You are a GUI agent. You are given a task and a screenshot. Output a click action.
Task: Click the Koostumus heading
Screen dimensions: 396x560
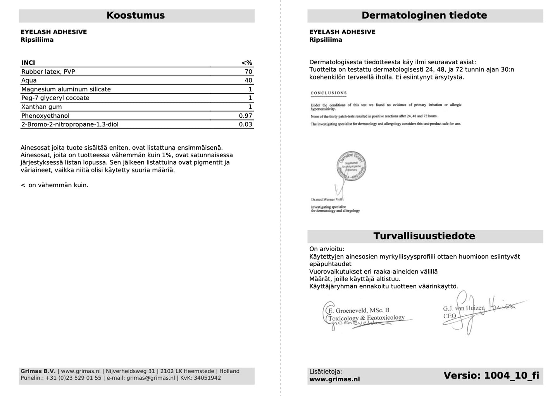click(136, 15)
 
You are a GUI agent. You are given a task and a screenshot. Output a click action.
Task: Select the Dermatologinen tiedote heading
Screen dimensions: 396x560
click(424, 15)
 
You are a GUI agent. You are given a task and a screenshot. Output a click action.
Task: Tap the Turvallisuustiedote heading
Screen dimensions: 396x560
click(424, 236)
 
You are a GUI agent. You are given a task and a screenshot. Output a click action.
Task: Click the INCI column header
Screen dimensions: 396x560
click(28, 63)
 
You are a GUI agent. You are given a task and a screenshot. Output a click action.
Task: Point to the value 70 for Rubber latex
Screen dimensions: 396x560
click(248, 72)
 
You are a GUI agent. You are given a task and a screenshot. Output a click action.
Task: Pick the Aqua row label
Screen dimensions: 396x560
click(29, 81)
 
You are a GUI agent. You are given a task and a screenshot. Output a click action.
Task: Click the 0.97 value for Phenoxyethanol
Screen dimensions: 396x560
click(245, 116)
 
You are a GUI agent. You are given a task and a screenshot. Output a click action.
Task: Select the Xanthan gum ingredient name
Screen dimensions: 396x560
click(41, 107)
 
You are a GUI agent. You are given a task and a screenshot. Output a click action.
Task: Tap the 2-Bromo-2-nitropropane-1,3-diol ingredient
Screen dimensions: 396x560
click(70, 125)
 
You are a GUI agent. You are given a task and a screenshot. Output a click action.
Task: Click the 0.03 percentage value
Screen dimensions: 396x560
click(245, 125)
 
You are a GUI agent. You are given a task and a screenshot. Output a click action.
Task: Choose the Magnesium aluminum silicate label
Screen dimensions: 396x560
click(66, 90)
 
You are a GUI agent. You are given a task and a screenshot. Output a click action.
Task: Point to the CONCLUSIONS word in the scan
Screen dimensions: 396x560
click(329, 93)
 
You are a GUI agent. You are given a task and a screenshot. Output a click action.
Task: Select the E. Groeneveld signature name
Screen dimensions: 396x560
click(358, 310)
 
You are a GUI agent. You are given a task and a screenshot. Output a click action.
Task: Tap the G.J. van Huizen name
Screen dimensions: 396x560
click(464, 308)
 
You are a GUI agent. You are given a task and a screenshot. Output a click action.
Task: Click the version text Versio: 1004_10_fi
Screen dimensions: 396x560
click(491, 375)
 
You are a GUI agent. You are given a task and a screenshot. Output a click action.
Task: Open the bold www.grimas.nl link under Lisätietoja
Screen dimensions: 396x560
click(334, 379)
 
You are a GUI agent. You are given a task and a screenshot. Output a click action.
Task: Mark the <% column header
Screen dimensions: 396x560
click(246, 63)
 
